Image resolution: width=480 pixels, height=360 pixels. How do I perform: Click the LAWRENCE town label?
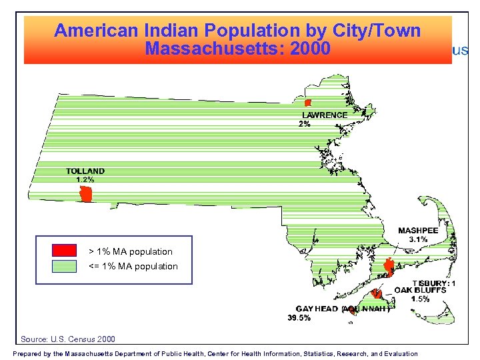(x=325, y=115)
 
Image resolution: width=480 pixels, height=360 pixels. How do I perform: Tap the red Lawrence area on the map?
(x=308, y=103)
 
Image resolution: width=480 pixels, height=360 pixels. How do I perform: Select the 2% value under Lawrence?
(x=304, y=124)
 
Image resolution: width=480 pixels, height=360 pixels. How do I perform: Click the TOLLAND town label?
(x=85, y=171)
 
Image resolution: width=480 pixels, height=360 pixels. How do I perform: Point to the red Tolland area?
(x=86, y=195)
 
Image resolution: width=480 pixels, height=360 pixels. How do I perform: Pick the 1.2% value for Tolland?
(x=85, y=179)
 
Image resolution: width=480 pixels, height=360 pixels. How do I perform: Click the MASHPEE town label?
(x=418, y=231)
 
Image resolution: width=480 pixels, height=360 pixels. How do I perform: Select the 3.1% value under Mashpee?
(x=418, y=239)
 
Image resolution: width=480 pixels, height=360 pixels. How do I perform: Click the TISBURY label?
(x=433, y=283)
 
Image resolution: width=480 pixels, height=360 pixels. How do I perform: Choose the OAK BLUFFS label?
(x=420, y=290)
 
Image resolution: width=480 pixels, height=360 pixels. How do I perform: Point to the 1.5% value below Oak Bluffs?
(x=420, y=299)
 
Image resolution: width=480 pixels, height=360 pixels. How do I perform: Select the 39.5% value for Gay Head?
(x=299, y=318)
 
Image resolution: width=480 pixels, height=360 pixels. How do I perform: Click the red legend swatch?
(x=65, y=251)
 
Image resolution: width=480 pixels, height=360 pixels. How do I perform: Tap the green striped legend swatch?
(x=65, y=266)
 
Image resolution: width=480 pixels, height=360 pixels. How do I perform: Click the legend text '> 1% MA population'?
(x=131, y=251)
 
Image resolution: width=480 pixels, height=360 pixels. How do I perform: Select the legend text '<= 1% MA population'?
(x=133, y=266)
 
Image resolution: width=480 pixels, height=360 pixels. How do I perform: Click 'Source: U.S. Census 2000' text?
(x=68, y=339)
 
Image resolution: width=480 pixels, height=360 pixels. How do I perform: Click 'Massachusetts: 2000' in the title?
(x=237, y=49)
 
